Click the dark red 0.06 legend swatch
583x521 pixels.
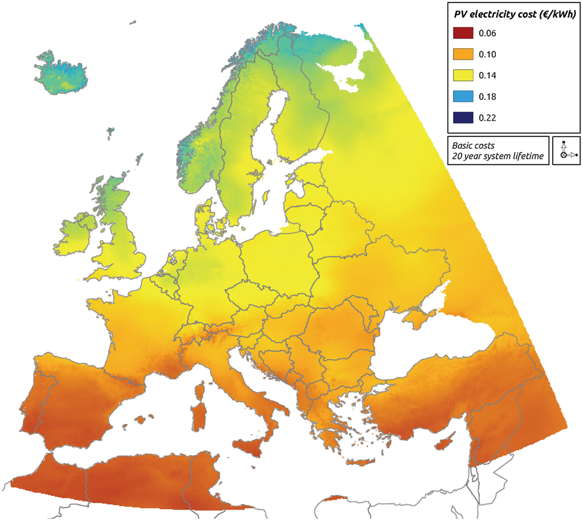pos(463,33)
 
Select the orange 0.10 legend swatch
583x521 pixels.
pos(463,54)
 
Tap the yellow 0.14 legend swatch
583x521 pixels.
pos(463,75)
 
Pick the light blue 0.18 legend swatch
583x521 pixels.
pos(463,96)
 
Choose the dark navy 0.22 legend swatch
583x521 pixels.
pos(463,117)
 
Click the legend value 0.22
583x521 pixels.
pos(487,118)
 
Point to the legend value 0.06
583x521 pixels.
pos(487,34)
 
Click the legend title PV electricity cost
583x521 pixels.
pos(514,15)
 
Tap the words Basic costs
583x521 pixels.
pos(473,146)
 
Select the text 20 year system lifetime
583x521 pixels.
pos(497,157)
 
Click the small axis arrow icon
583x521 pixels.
pos(566,150)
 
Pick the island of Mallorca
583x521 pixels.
pos(142,419)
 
